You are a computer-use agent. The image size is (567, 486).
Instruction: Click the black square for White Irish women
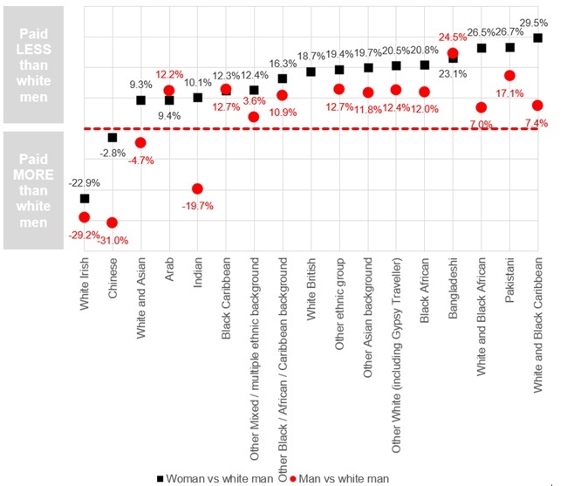point(85,199)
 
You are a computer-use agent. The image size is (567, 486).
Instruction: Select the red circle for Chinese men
point(113,222)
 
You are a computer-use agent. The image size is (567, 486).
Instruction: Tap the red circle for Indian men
point(198,188)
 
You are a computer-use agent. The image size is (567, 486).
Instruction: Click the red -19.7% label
point(198,206)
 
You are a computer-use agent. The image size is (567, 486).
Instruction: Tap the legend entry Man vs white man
point(335,477)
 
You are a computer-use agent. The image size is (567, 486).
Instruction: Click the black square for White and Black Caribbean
point(537,38)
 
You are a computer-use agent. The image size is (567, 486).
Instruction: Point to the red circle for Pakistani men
point(509,76)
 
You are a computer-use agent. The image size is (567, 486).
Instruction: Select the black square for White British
point(311,72)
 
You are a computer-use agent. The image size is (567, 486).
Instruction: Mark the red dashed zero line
point(305,128)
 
